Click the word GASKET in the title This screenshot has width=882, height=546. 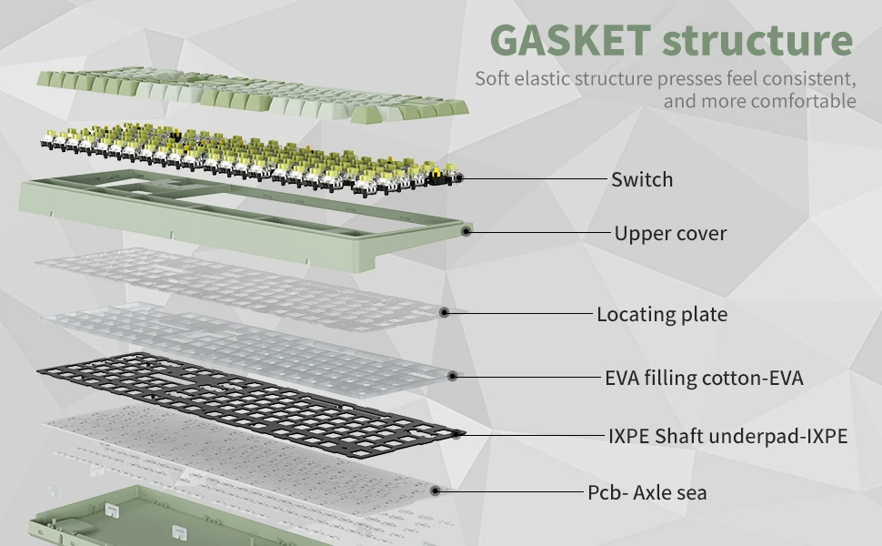[x=569, y=41]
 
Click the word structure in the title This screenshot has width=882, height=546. [x=757, y=41]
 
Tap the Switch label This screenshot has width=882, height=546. [x=642, y=179]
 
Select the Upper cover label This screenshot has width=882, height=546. [x=670, y=233]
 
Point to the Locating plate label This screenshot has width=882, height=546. [x=661, y=315]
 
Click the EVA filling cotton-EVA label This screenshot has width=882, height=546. [x=704, y=377]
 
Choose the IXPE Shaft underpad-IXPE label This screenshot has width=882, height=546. [x=727, y=436]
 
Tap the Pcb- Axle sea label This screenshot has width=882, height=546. [x=646, y=492]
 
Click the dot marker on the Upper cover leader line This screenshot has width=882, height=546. [x=466, y=231]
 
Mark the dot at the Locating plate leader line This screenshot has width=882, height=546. [x=445, y=312]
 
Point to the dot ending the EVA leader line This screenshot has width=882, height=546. [x=453, y=374]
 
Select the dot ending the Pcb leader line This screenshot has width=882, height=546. [x=436, y=490]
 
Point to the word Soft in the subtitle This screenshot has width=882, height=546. [x=492, y=77]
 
